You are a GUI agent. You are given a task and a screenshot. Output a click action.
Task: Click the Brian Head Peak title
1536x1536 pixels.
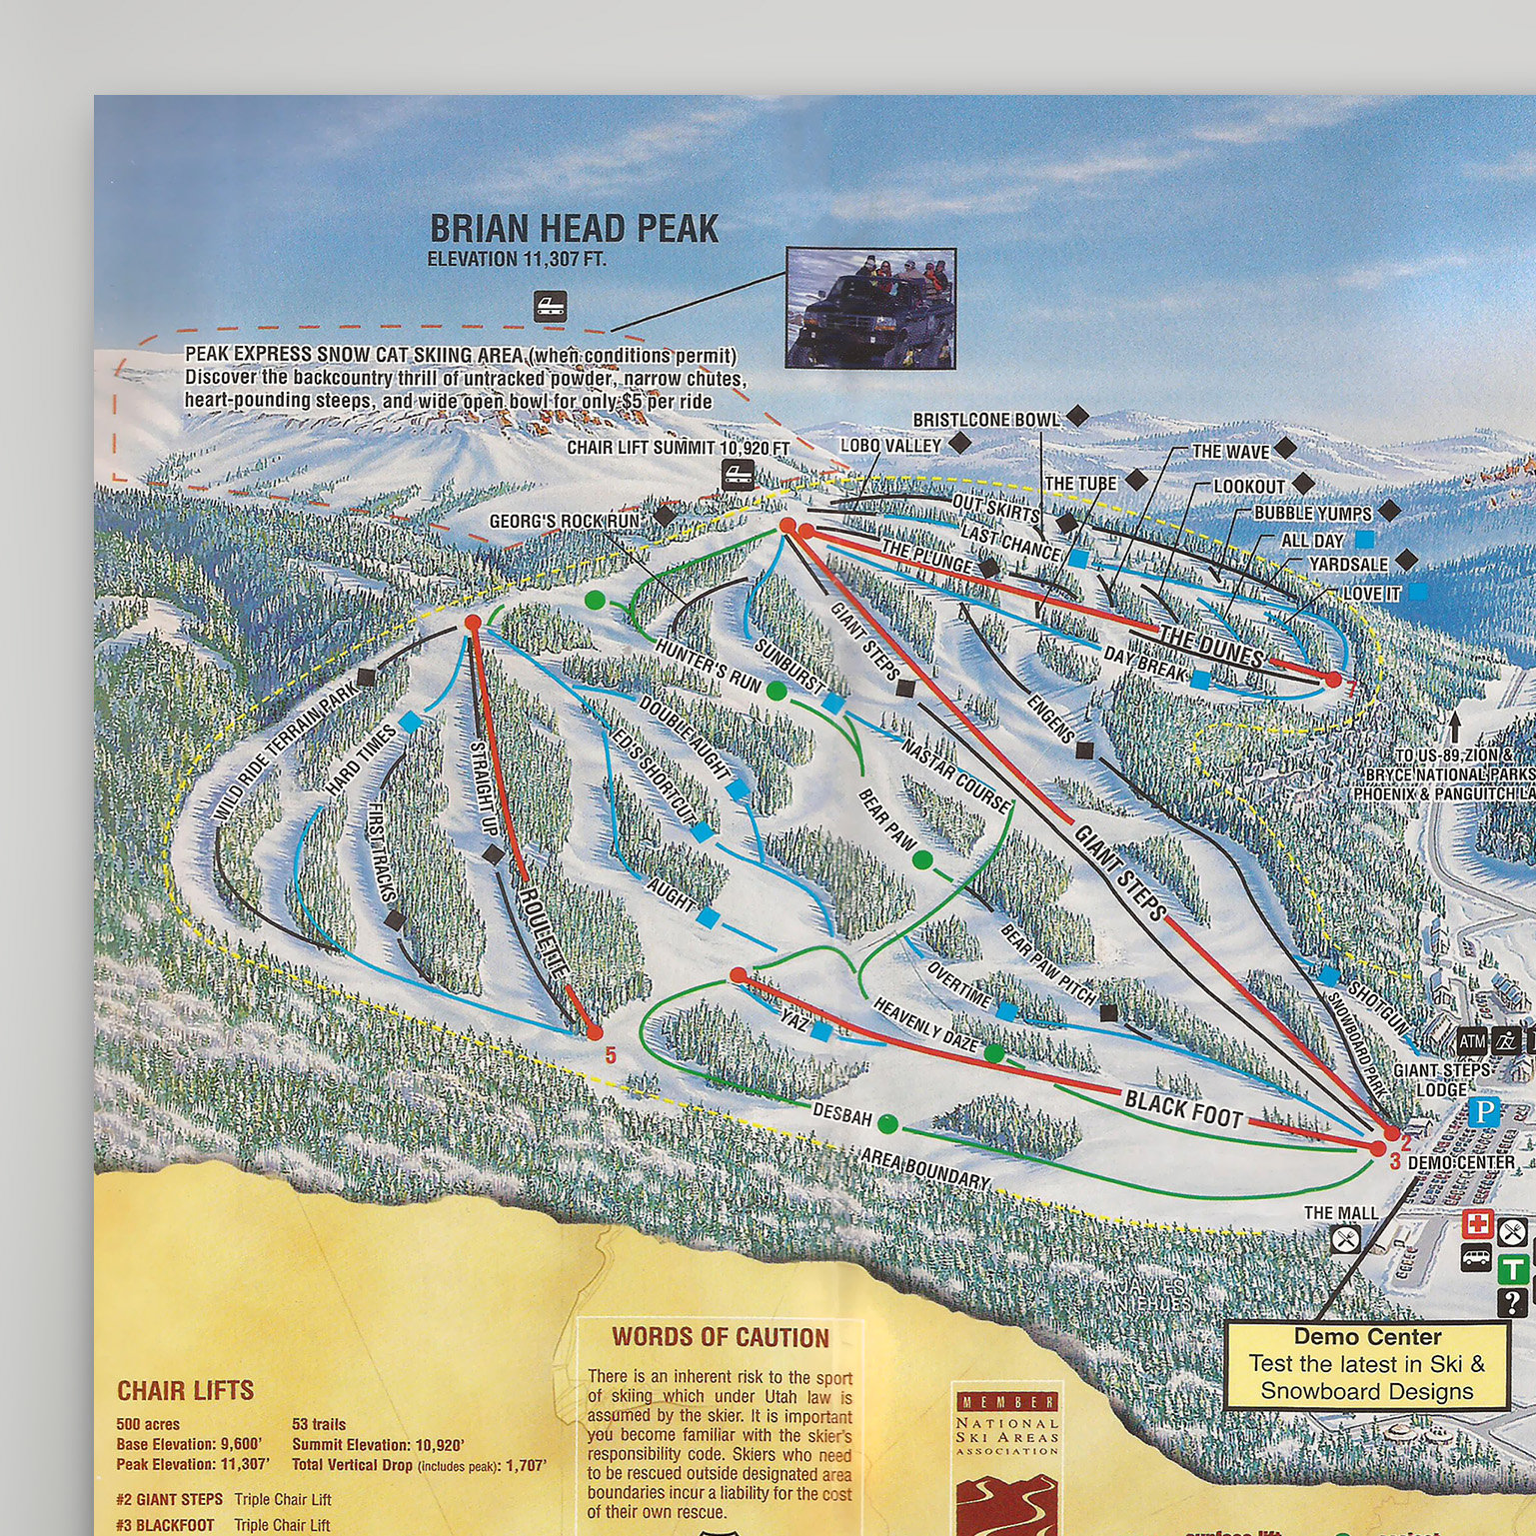pos(574,229)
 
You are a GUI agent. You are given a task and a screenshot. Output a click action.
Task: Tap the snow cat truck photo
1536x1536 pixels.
pos(870,308)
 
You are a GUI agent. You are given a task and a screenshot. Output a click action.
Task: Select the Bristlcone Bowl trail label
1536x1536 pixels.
pos(985,420)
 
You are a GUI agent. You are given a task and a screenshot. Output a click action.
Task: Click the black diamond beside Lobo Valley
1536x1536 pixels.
pos(958,443)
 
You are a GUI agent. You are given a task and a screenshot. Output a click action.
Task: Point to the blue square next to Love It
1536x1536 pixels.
pos(1417,593)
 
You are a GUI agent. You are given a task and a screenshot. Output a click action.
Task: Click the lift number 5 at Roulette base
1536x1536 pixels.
pos(611,1054)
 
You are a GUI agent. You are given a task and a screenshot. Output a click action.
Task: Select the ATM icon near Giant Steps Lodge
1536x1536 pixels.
pos(1472,1041)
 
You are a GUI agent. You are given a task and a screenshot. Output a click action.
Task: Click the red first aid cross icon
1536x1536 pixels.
pos(1478,1223)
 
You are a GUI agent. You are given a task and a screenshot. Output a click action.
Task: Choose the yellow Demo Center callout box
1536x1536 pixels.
pos(1366,1364)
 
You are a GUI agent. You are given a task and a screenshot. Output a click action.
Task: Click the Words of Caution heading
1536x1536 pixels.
pos(721,1337)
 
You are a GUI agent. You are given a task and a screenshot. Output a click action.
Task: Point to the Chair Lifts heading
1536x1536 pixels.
pos(185,1390)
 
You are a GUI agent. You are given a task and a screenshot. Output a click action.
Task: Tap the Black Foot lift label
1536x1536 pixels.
pos(1183,1107)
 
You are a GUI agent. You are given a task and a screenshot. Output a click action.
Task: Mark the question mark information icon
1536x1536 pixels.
pos(1512,1301)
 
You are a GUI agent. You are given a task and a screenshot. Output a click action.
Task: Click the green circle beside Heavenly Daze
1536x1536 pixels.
pos(994,1052)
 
